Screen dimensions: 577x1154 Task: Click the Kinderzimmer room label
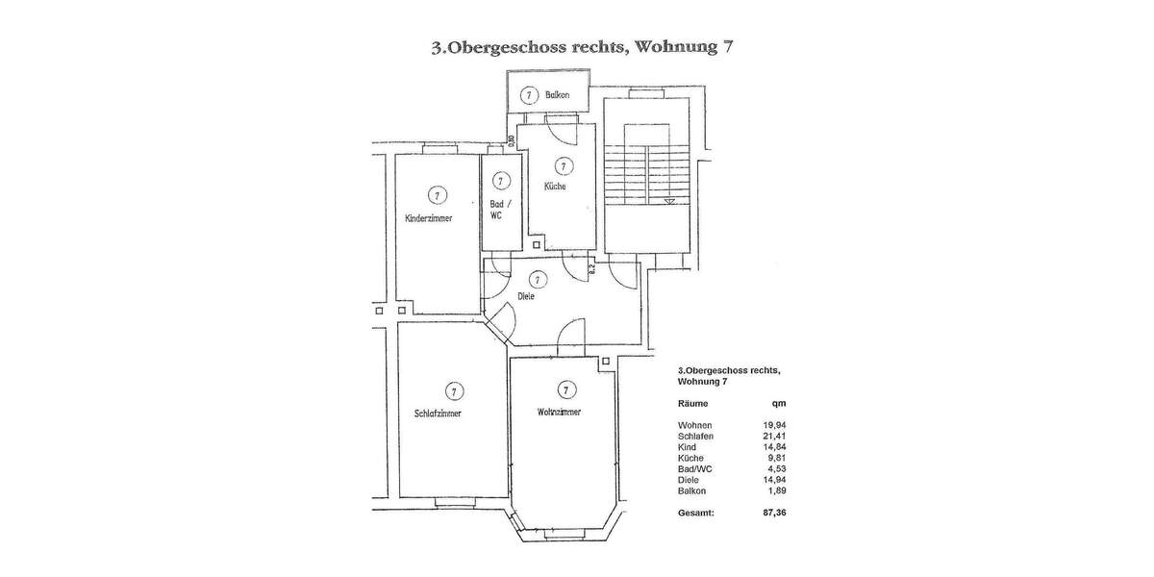[429, 218]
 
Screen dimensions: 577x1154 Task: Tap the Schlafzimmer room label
[437, 414]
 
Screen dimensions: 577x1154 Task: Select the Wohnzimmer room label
[559, 413]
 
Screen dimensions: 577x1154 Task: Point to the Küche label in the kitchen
[555, 187]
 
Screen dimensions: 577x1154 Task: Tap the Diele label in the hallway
[525, 297]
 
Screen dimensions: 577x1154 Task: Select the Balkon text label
[558, 95]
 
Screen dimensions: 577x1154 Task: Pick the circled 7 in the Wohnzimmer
[565, 389]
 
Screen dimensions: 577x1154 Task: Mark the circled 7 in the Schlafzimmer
[452, 390]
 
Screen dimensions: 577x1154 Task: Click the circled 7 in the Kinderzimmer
[437, 195]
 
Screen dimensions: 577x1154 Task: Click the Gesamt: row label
[696, 514]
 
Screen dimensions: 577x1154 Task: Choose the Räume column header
[693, 405]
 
